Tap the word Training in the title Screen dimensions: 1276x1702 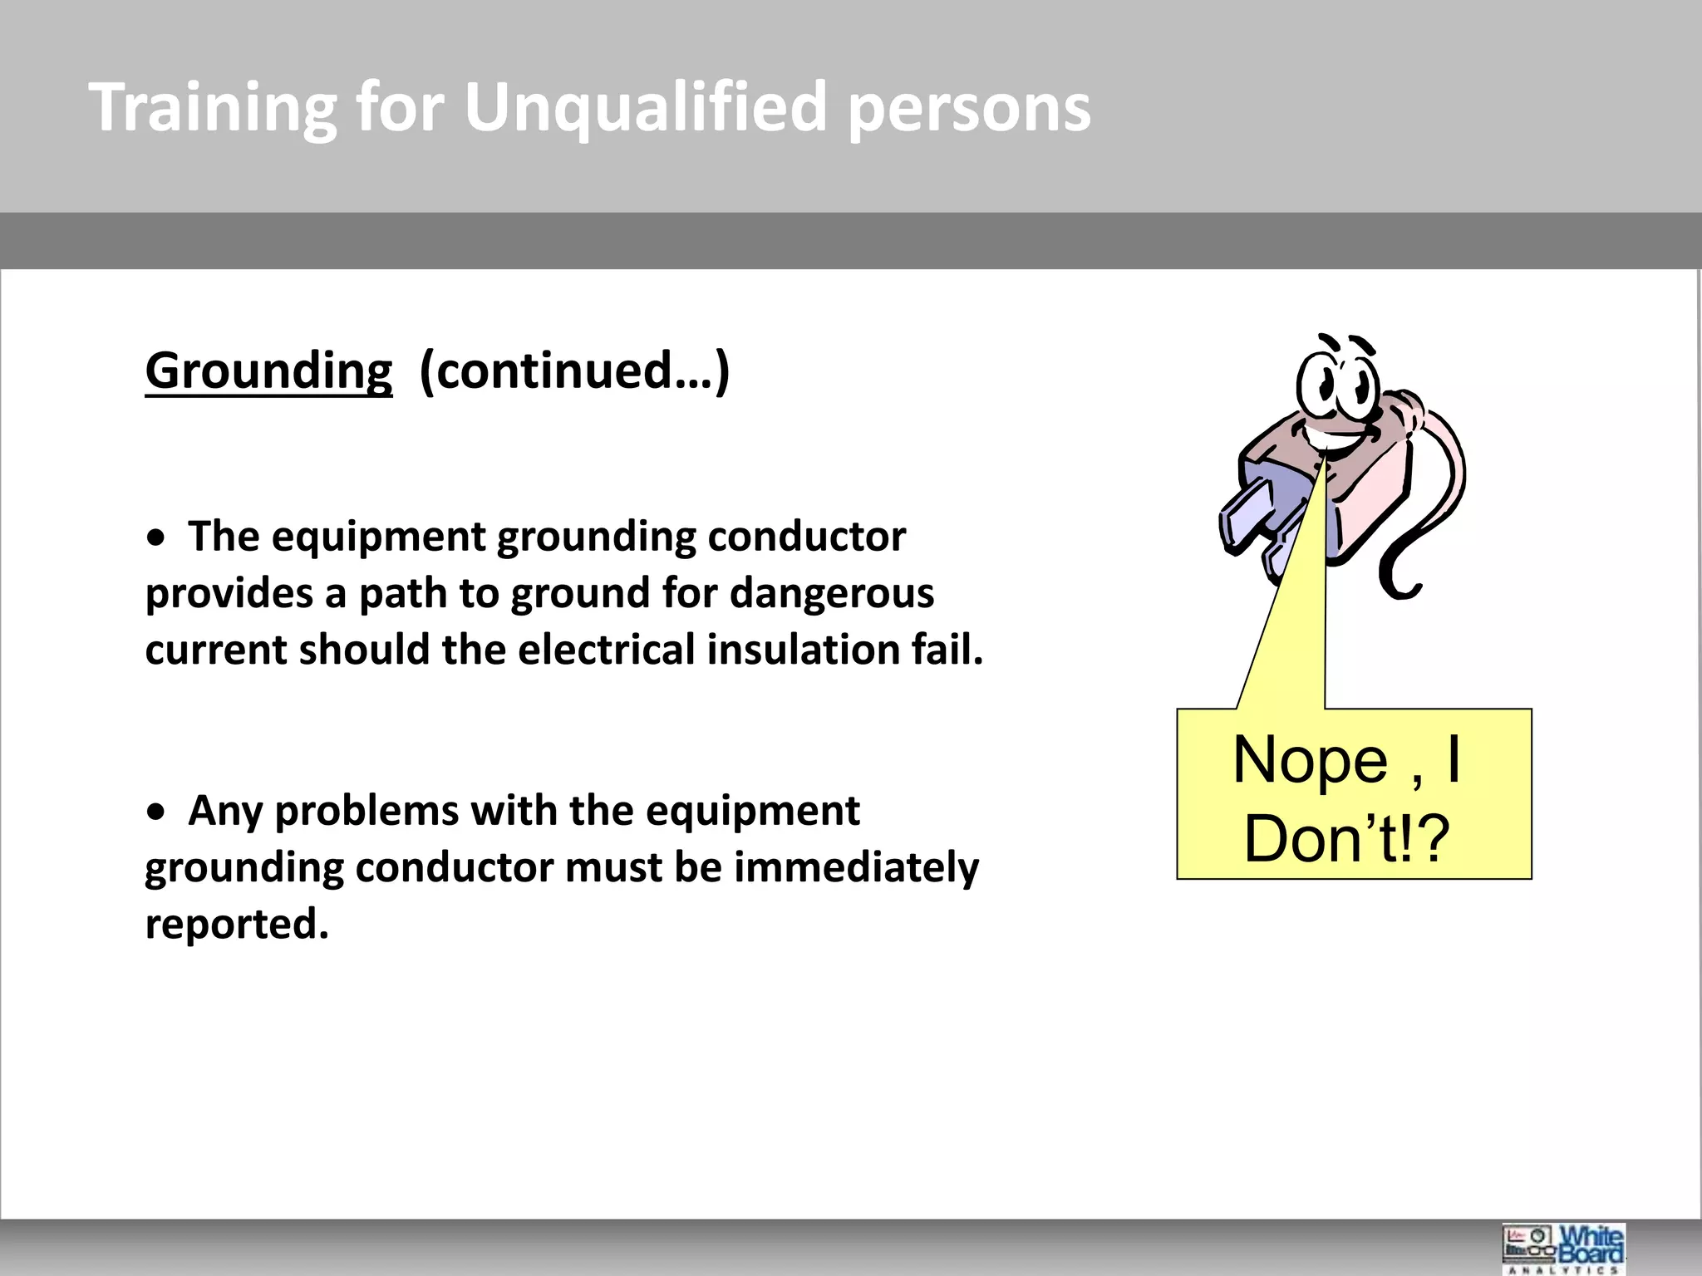point(213,108)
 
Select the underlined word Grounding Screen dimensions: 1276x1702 point(268,371)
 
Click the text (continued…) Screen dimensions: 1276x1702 point(574,371)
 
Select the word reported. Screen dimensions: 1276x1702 point(236,924)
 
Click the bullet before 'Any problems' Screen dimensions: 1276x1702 point(155,814)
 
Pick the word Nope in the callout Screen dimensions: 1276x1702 point(1310,760)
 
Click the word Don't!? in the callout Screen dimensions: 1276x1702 point(1346,839)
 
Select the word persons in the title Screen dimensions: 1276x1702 point(968,108)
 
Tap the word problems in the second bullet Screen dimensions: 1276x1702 point(366,811)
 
